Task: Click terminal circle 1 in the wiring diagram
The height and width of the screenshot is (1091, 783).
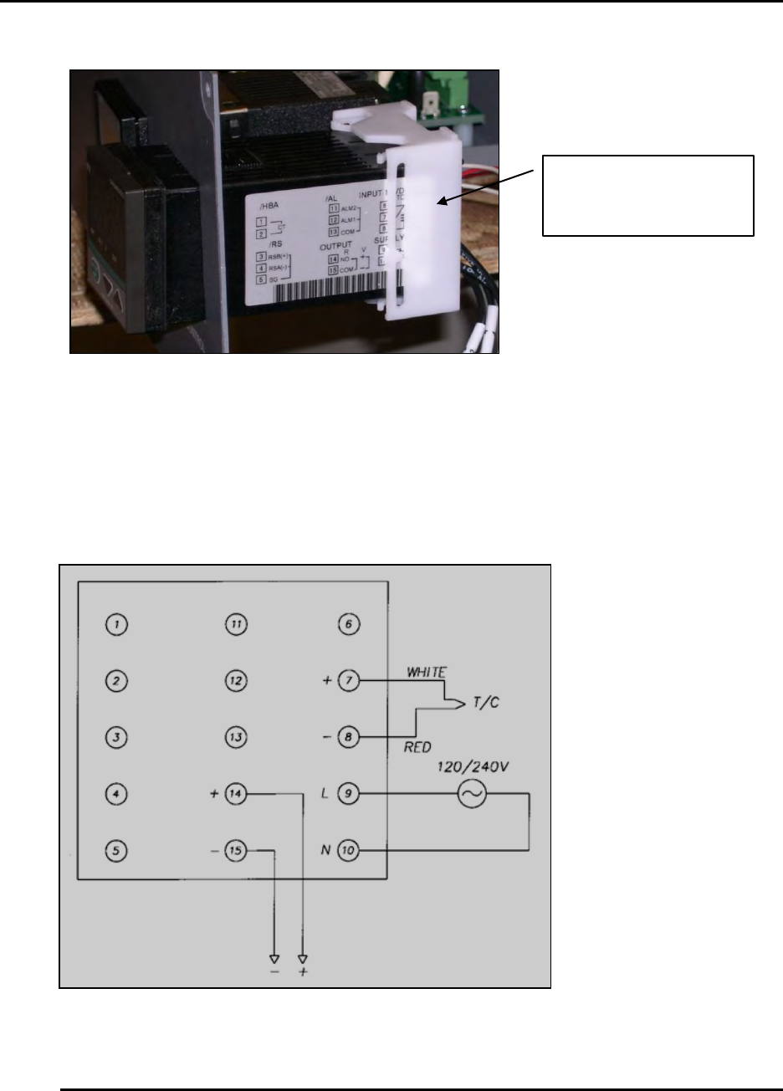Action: pos(119,625)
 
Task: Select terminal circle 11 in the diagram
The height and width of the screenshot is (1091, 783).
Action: pos(237,625)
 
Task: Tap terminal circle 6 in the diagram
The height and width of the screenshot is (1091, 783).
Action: pos(348,624)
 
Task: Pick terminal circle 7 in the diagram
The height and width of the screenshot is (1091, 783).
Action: pos(348,681)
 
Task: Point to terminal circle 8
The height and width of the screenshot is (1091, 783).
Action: pos(348,738)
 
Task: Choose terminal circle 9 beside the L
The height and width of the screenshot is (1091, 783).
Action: pos(348,794)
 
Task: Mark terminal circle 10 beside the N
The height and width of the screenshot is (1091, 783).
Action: pos(348,851)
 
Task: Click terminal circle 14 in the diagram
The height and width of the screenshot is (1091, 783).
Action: pos(237,794)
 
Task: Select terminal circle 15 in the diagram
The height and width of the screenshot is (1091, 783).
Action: pos(237,851)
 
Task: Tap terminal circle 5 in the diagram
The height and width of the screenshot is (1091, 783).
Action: pos(119,851)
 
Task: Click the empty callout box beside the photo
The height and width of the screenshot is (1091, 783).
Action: pos(648,196)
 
